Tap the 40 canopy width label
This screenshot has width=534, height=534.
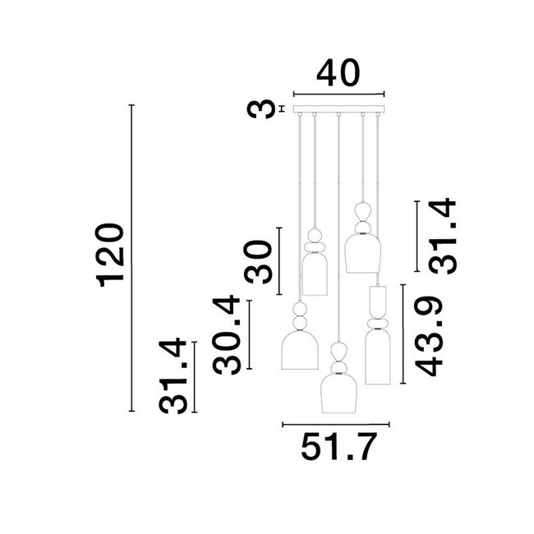pos(338,73)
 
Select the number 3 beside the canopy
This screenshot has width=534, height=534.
pos(262,108)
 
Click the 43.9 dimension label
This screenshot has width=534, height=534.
pos(430,337)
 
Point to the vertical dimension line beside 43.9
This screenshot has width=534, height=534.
pos(402,334)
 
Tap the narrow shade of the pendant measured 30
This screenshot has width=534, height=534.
pos(315,274)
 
